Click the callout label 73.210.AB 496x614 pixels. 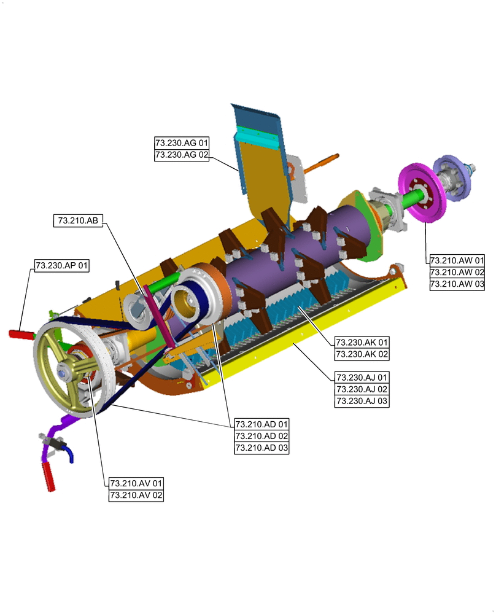(79, 220)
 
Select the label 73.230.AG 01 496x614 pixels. (182, 142)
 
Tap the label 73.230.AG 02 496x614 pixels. (182, 155)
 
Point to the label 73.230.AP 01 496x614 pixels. (62, 265)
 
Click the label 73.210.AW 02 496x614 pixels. (457, 272)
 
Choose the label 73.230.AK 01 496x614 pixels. (362, 342)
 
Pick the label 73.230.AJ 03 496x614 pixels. (362, 401)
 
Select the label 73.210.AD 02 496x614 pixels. (262, 436)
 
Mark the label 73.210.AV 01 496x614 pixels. (136, 483)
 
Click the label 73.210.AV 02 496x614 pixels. (136, 495)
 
